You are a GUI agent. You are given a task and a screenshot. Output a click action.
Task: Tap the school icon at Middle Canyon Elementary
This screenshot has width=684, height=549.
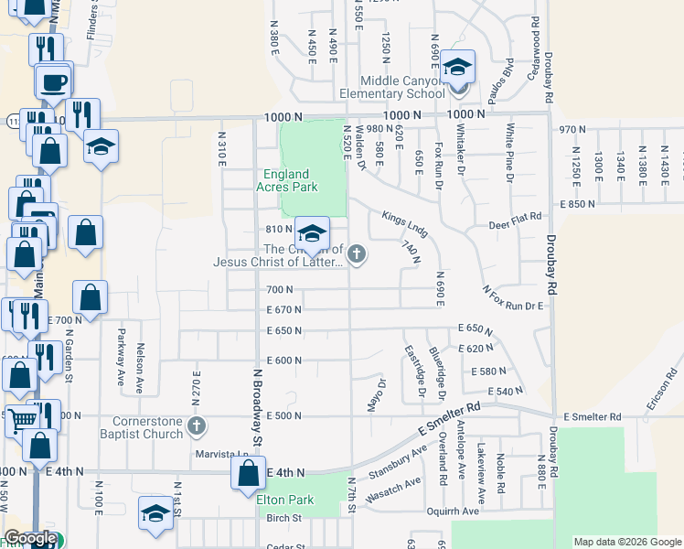pos(458,68)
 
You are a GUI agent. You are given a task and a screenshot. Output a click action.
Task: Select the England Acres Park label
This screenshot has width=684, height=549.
pos(287,180)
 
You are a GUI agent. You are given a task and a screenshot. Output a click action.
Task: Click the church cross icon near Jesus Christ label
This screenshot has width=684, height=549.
pos(357,254)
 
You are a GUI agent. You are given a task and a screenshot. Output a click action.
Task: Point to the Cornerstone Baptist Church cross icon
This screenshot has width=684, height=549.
pos(196,425)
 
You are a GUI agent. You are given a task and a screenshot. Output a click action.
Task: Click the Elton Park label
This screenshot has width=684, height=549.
pos(285,500)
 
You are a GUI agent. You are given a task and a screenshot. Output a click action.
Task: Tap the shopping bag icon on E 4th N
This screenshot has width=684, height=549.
pos(248,474)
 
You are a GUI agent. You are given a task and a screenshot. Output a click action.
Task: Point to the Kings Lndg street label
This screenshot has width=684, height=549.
pos(405,221)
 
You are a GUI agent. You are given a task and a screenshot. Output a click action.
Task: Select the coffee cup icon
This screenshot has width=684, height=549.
pos(52,81)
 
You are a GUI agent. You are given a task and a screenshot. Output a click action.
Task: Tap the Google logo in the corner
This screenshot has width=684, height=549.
pos(30,539)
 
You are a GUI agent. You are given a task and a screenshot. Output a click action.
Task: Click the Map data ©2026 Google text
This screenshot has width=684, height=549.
pos(626,542)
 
